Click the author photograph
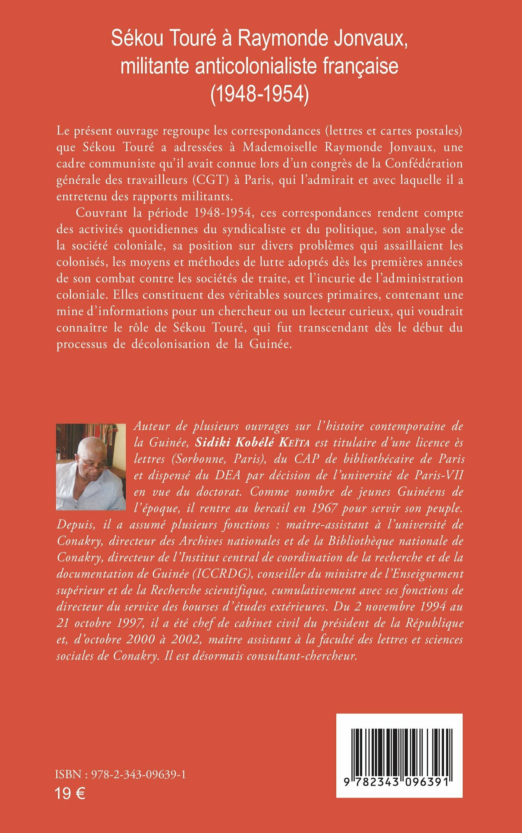[91, 467]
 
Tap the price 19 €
[70, 793]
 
